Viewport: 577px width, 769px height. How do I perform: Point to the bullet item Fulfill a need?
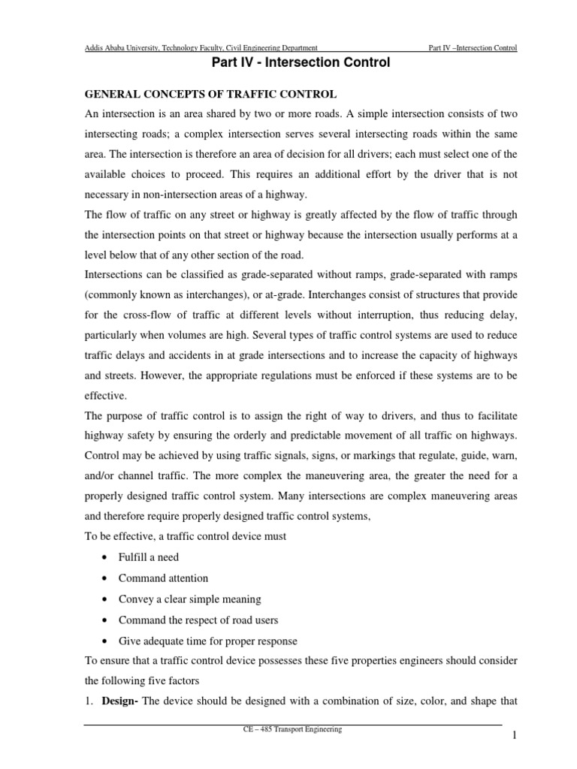tap(149, 556)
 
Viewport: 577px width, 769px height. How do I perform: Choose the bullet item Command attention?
tap(163, 578)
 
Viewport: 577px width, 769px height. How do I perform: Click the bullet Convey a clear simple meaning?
tap(190, 599)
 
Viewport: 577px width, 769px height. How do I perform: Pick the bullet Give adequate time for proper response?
tap(207, 641)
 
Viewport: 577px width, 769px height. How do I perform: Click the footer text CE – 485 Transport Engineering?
tap(292, 729)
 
